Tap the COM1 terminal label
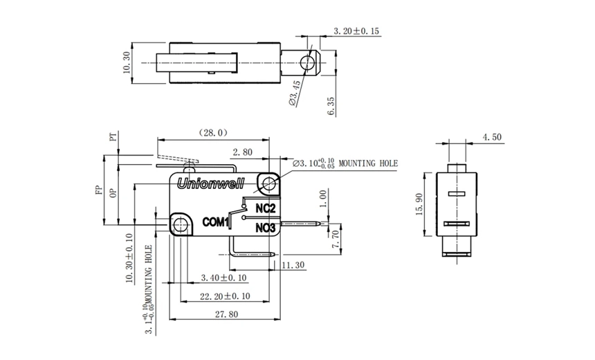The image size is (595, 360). pos(215,222)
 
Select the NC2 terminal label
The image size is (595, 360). pos(266,208)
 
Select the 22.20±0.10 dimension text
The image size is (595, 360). pos(225,296)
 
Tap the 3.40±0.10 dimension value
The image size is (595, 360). pos(223,278)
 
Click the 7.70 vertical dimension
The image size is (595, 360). pos(336,239)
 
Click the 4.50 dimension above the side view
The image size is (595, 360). pos(492,138)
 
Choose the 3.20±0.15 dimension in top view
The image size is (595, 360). pos(356,31)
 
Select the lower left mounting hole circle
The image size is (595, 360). pos(180,224)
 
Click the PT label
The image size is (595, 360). pos(113,138)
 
